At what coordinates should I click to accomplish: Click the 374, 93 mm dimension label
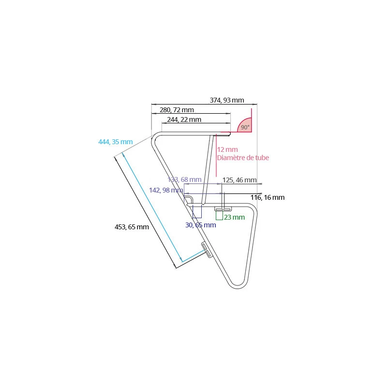click(227, 100)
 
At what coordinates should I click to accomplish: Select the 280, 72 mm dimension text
click(177, 110)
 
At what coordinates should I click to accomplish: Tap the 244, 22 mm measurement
click(184, 119)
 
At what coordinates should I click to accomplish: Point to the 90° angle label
click(245, 127)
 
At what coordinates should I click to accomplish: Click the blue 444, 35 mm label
click(115, 142)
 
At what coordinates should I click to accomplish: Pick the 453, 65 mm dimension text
click(132, 226)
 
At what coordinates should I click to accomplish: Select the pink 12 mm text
click(227, 149)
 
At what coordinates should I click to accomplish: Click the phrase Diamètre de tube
click(243, 158)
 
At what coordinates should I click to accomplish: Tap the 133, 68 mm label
click(184, 180)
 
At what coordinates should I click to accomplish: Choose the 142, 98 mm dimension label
click(166, 190)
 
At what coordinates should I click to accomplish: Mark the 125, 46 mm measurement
click(239, 180)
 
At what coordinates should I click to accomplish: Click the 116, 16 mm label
click(268, 197)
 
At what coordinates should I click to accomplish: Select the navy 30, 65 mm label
click(201, 225)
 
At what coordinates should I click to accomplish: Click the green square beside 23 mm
click(219, 215)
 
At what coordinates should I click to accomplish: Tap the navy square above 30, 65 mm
click(197, 211)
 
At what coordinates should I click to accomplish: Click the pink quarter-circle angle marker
click(244, 125)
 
